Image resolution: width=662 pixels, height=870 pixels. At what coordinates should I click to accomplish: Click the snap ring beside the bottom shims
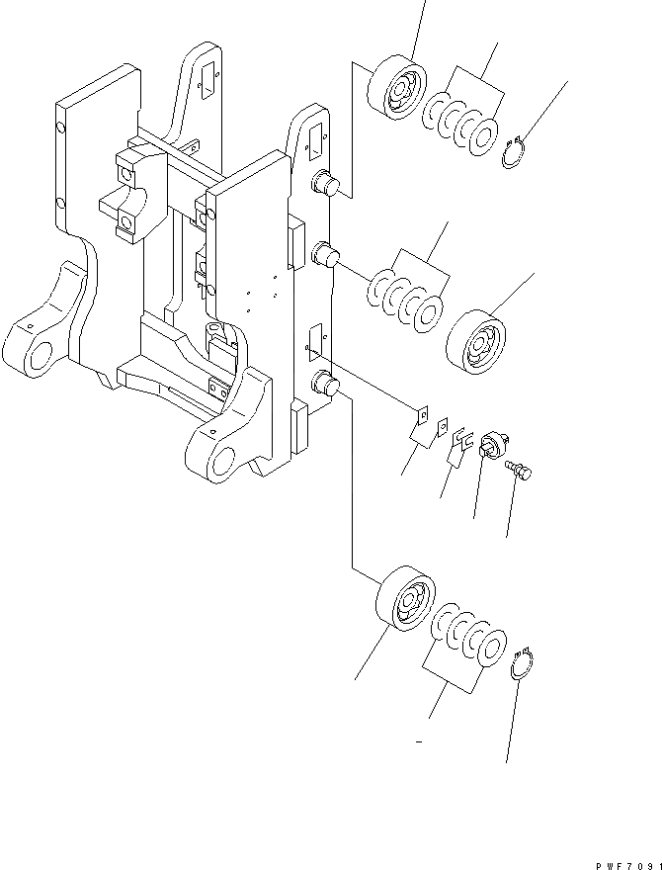(525, 663)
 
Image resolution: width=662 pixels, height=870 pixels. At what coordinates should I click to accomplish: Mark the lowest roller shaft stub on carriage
(325, 385)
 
